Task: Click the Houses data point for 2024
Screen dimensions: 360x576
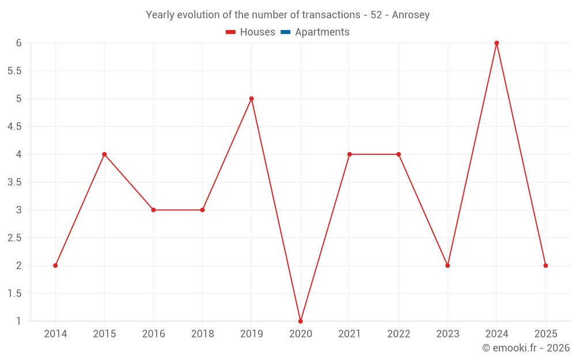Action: pyautogui.click(x=497, y=43)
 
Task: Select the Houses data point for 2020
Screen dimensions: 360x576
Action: pyautogui.click(x=301, y=321)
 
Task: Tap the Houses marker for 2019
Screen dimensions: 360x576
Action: pyautogui.click(x=252, y=98)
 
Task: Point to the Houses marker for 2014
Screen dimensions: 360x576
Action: pyautogui.click(x=55, y=266)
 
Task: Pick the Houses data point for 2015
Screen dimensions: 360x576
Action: pyautogui.click(x=104, y=154)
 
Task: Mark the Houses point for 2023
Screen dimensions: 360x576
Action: pyautogui.click(x=448, y=266)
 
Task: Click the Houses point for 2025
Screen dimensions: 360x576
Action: pyautogui.click(x=545, y=266)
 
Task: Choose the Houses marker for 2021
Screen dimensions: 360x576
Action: pyautogui.click(x=350, y=154)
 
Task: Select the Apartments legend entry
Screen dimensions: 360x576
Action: pyautogui.click(x=322, y=32)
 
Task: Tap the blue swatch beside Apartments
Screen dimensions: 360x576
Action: pyautogui.click(x=285, y=32)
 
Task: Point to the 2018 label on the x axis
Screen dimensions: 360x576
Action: pyautogui.click(x=202, y=334)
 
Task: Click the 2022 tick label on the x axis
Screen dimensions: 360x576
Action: pyautogui.click(x=399, y=334)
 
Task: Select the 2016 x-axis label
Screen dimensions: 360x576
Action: pyautogui.click(x=153, y=334)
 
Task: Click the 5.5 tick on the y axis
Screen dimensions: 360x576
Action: pyautogui.click(x=14, y=71)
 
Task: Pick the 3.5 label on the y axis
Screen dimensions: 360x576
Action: pyautogui.click(x=14, y=182)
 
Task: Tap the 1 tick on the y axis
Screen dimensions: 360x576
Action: pyautogui.click(x=18, y=321)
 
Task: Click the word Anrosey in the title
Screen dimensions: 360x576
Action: pyautogui.click(x=411, y=15)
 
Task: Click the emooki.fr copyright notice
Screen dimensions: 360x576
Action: pyautogui.click(x=526, y=348)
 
